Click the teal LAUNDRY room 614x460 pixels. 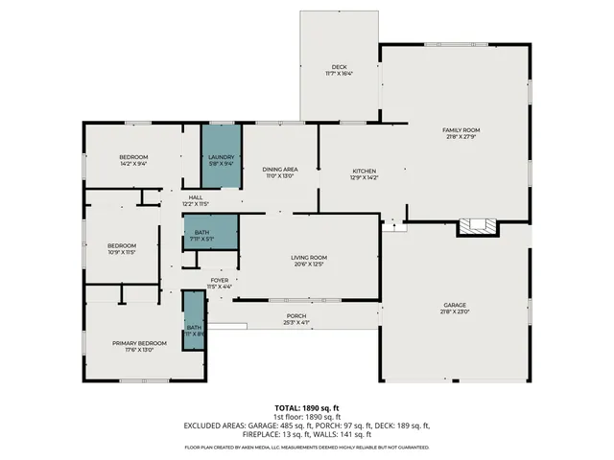tap(221, 159)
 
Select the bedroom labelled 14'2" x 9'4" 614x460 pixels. tap(133, 160)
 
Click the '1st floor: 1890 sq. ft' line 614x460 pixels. tap(306, 418)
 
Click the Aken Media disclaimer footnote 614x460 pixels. tap(306, 448)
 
